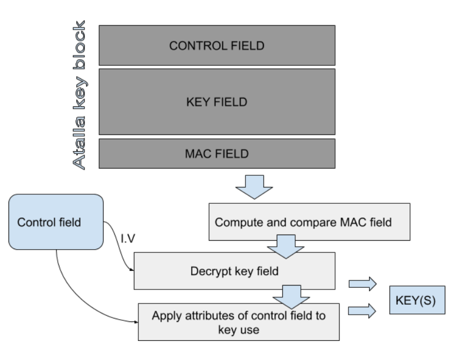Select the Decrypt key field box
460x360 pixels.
pos(234,271)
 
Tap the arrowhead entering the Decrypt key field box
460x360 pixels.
pos(133,272)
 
